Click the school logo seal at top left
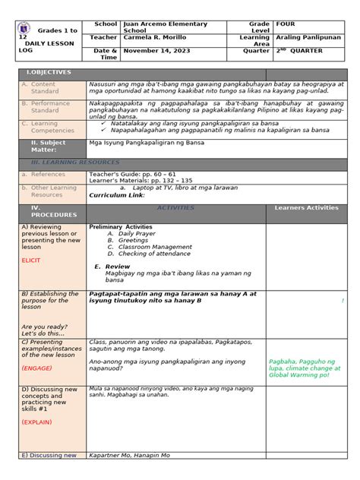pos(26,30)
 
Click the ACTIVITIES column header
pos(175,207)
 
